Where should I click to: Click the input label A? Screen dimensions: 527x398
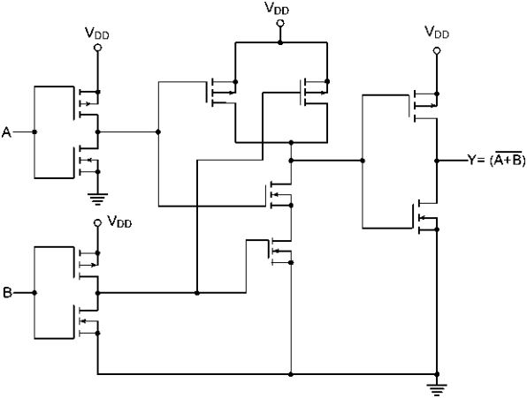point(6,132)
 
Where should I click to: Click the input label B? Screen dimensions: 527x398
point(7,292)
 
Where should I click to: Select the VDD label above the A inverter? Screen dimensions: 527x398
point(96,34)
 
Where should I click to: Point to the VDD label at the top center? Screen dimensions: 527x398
point(277,8)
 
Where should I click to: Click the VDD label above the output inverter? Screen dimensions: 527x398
point(437,32)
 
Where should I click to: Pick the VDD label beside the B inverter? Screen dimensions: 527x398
point(119,222)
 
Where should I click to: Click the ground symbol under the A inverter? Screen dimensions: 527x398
point(98,199)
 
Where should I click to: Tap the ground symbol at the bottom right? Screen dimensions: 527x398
point(437,390)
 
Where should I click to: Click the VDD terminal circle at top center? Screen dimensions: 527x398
point(280,23)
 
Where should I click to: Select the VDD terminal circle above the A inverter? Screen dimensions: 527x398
point(98,48)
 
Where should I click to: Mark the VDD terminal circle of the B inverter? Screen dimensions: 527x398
point(98,222)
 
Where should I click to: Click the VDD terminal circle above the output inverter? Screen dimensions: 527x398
point(437,51)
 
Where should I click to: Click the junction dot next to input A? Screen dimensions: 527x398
point(34,132)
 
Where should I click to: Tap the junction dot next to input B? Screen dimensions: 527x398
point(34,293)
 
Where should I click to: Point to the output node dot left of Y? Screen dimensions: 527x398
point(437,161)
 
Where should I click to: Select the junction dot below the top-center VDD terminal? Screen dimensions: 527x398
point(280,42)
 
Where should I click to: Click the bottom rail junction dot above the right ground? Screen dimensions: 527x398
point(437,374)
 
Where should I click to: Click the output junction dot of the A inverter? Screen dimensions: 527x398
point(98,132)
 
